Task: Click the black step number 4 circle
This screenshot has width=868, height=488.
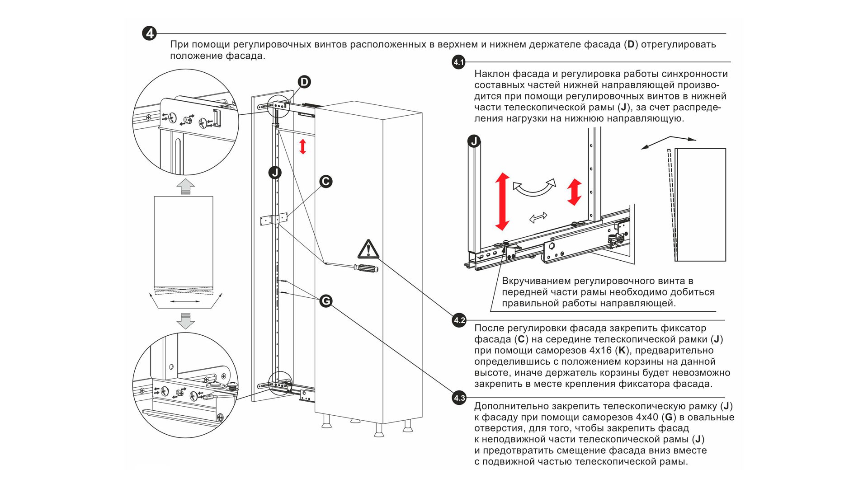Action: (149, 33)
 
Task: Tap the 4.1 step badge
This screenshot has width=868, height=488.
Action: (459, 62)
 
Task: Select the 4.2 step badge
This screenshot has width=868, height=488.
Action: (459, 320)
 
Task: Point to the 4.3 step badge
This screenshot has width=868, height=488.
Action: (459, 398)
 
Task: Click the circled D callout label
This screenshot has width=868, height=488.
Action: (304, 82)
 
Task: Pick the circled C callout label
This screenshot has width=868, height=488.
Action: (325, 182)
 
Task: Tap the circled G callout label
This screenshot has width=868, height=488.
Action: (325, 301)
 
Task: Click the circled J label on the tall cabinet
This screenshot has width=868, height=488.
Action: (275, 173)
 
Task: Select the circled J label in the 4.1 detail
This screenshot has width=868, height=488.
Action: (474, 141)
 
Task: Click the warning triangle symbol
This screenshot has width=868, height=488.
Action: (368, 249)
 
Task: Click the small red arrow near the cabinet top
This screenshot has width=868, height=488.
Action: (303, 146)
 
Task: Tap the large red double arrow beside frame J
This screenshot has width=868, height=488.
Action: (502, 202)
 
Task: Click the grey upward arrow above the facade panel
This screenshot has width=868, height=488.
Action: (185, 186)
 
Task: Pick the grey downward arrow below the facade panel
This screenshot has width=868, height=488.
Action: (185, 320)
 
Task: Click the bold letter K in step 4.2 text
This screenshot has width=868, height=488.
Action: (622, 351)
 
